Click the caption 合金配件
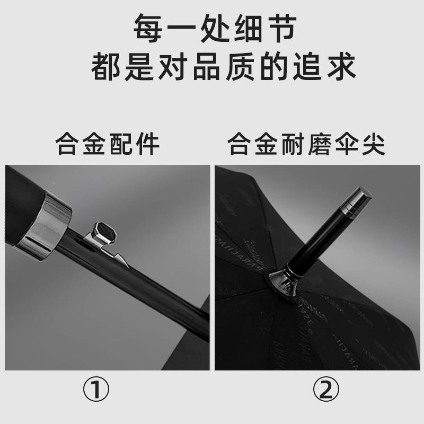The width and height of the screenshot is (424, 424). (x=108, y=144)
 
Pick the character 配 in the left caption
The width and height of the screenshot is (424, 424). (x=121, y=144)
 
